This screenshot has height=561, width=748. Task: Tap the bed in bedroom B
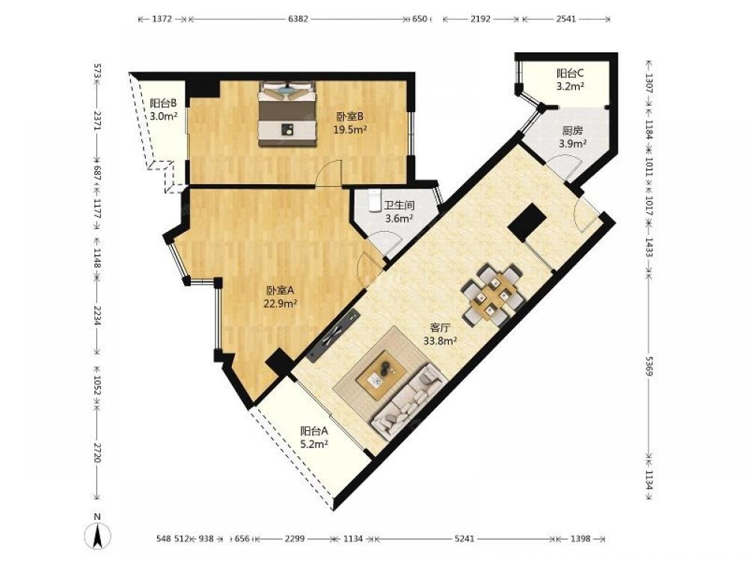point(288,114)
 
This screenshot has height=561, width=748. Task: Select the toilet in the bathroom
point(375,200)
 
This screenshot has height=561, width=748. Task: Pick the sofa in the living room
point(410,399)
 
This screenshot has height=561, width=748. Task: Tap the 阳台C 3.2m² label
point(570,80)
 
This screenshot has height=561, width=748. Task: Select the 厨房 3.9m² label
point(572,136)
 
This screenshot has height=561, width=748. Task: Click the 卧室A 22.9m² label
point(281,296)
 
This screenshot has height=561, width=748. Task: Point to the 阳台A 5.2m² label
point(314,438)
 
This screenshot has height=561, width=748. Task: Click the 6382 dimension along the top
point(298,19)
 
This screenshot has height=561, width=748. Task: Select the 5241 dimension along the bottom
point(465,539)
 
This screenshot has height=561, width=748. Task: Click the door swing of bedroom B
point(330,173)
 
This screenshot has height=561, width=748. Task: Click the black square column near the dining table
point(527,223)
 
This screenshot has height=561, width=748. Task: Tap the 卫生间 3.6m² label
point(399,212)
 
